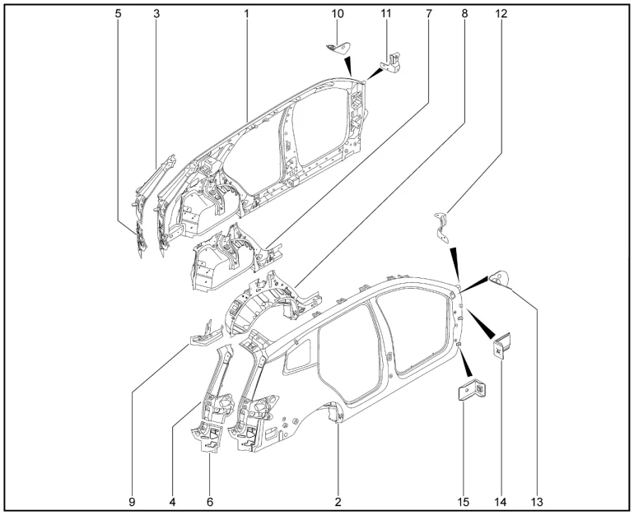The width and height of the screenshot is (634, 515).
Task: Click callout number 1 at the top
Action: (246, 14)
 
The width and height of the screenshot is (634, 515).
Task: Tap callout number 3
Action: (156, 14)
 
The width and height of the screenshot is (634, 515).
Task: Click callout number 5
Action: (119, 14)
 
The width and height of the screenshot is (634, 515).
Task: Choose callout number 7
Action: (428, 14)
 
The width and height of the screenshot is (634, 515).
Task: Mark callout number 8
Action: (465, 14)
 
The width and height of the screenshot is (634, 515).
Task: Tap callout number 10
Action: (338, 14)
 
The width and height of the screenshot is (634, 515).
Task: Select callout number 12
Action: (501, 14)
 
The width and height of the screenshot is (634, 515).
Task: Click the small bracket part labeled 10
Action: (337, 46)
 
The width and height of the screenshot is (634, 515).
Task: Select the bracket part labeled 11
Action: (390, 63)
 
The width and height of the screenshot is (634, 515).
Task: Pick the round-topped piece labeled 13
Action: (500, 278)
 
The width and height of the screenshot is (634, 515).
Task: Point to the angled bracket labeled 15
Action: (472, 389)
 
